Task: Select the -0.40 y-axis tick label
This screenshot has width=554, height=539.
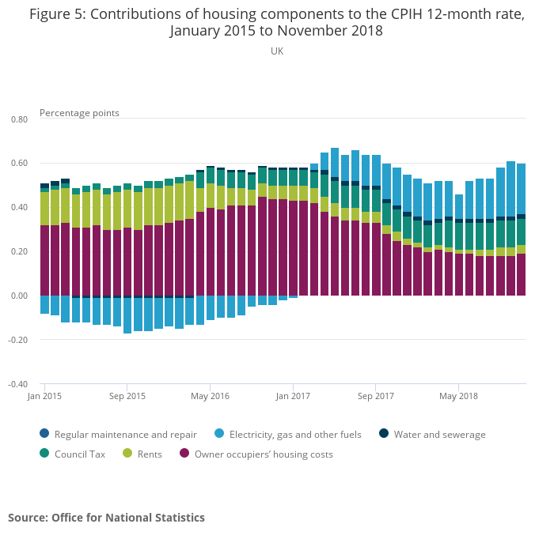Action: point(17,385)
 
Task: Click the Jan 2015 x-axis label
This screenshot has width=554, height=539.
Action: point(44,395)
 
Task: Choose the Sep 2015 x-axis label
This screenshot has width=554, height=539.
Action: point(127,395)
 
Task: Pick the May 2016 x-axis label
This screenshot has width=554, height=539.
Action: point(210,395)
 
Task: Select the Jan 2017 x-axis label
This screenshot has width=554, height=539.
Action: point(293,395)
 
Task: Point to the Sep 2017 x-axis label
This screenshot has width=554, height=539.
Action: point(375,395)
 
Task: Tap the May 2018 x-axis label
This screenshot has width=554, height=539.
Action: point(458,395)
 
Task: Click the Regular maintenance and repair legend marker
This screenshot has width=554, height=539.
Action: point(44,434)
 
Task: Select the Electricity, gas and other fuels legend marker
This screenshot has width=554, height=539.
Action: point(219,434)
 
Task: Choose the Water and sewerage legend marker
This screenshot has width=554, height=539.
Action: point(384,434)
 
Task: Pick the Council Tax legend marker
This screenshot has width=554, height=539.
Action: point(44,454)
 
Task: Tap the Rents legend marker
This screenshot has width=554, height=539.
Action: point(127,454)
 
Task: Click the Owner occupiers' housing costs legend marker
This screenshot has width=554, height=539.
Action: point(184,454)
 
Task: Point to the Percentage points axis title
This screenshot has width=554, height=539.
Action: point(79,113)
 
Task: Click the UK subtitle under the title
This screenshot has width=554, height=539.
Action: point(277,51)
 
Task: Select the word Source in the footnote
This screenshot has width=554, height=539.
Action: point(28,518)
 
